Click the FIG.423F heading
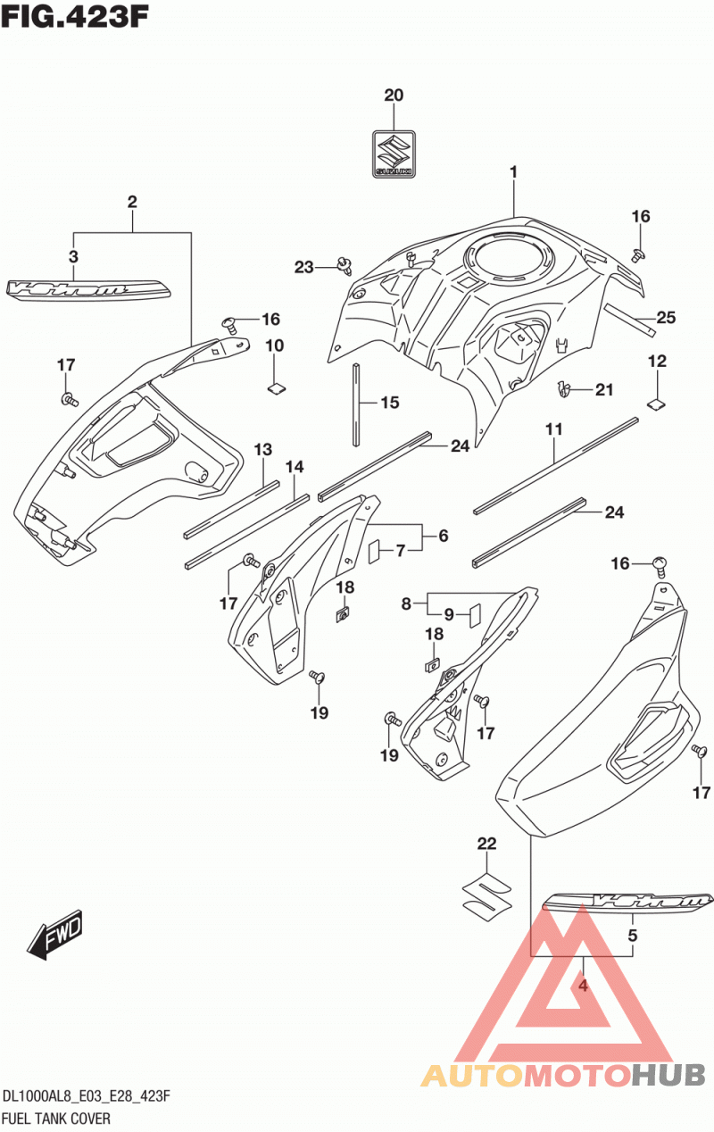click(75, 17)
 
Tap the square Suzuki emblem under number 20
click(394, 154)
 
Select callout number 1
click(513, 172)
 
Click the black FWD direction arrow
click(55, 934)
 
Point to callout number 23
click(303, 267)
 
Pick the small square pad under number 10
click(276, 388)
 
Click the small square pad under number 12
click(656, 403)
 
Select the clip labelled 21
click(564, 388)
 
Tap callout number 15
click(390, 403)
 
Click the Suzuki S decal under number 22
click(487, 898)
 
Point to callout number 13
click(262, 449)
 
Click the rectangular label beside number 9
click(475, 614)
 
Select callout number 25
click(666, 317)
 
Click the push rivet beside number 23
click(345, 265)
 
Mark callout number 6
click(444, 536)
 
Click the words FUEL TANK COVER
click(56, 1119)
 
